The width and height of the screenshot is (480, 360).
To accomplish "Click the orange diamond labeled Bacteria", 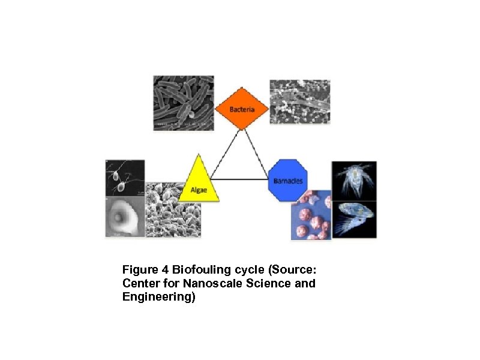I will (242, 109).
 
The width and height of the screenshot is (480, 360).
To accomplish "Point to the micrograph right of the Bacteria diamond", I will (299, 101).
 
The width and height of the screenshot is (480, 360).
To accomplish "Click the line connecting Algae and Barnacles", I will (240, 179).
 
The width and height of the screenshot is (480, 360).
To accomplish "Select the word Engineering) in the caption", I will (158, 297).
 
